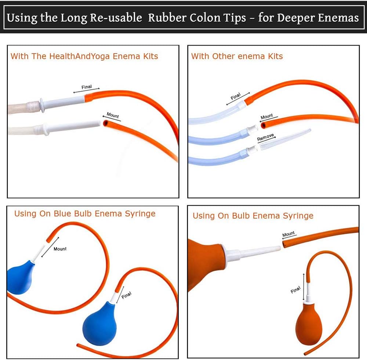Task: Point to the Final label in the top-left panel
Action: pyautogui.click(x=87, y=87)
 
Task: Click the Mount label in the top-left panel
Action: pyautogui.click(x=113, y=116)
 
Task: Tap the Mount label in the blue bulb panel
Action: pyautogui.click(x=60, y=249)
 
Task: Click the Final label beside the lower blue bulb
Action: pyautogui.click(x=126, y=295)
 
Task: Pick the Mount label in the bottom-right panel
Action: pyautogui.click(x=288, y=234)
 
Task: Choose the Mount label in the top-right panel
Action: pyautogui.click(x=267, y=116)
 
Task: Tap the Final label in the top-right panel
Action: pyautogui.click(x=236, y=97)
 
